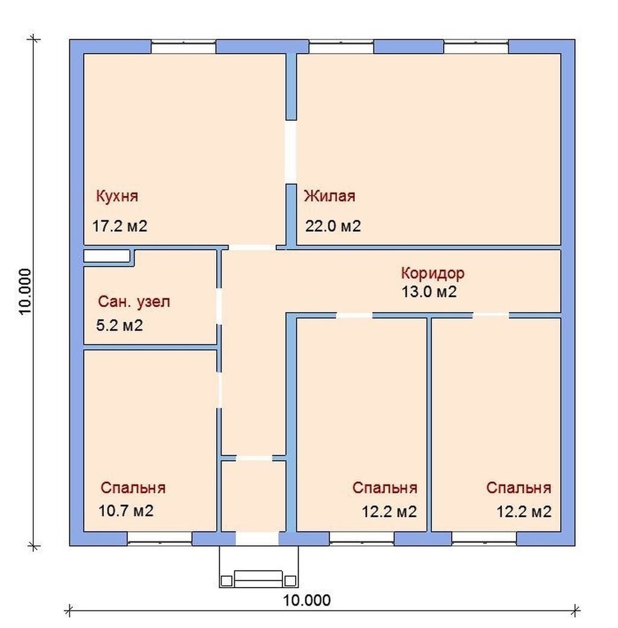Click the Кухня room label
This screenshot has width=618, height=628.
coord(117,196)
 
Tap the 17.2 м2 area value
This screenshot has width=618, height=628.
coord(119,226)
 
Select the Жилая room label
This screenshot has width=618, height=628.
coord(330,196)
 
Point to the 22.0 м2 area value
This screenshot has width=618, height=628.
coord(333,226)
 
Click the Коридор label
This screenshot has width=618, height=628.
coord(433,273)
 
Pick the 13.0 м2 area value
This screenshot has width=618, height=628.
coord(429,292)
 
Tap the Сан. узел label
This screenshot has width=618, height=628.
coord(134,301)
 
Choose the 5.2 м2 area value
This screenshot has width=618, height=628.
coord(119,325)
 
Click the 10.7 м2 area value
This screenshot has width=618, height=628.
coord(126,511)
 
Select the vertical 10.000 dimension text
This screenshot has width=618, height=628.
coord(25,292)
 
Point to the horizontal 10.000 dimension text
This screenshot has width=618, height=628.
coord(307,600)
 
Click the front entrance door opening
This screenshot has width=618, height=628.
coord(257,539)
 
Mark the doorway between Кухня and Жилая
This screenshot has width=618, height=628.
coord(290,152)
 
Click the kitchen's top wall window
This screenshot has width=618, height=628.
coord(183,46)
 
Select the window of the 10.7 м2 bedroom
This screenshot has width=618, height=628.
coord(160,539)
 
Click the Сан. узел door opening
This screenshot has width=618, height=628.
coord(219,306)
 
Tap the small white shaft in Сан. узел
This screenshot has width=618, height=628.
coord(106,256)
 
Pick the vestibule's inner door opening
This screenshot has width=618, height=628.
coord(253,458)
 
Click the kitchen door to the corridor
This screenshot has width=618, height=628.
coord(252,248)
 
